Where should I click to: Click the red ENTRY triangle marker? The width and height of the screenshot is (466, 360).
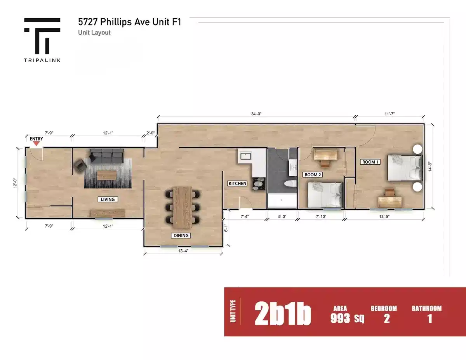point(37,144)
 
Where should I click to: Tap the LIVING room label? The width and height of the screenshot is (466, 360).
point(108,199)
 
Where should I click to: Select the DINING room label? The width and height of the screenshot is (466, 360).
point(181,235)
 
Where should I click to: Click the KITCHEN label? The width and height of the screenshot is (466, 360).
point(237,183)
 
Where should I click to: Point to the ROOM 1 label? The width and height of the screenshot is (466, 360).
point(370,162)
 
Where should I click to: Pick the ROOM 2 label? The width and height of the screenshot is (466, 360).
point(312,175)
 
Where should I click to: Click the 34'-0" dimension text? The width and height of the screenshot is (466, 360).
point(256,114)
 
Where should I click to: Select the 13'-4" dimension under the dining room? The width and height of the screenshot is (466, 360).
point(183,251)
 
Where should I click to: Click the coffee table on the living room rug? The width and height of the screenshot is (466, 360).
point(106,176)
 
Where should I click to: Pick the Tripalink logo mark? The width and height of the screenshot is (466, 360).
point(42,36)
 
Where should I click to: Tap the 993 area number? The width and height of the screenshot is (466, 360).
point(341,318)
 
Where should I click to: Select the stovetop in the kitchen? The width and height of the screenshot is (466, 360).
point(258,183)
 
